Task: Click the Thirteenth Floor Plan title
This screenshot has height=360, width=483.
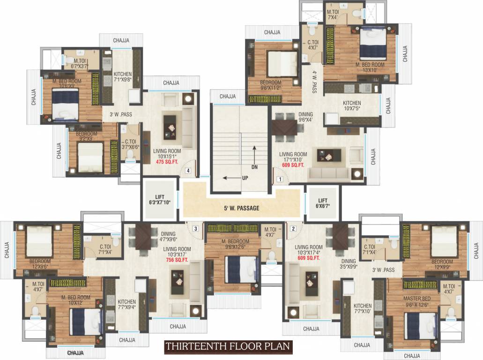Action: click(228, 347)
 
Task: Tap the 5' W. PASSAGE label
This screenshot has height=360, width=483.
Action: click(242, 208)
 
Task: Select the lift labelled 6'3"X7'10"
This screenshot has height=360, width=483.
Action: click(160, 200)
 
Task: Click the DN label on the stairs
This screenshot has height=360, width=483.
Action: click(254, 166)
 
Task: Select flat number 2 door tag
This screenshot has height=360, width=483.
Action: click(293, 229)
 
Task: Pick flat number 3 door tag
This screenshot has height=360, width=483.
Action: click(196, 229)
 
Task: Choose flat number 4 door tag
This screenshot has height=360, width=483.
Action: click(188, 171)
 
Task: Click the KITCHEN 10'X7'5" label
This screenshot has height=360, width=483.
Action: click(352, 106)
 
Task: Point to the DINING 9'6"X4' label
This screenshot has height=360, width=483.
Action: click(305, 117)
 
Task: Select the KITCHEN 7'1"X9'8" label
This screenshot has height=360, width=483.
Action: click(123, 77)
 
